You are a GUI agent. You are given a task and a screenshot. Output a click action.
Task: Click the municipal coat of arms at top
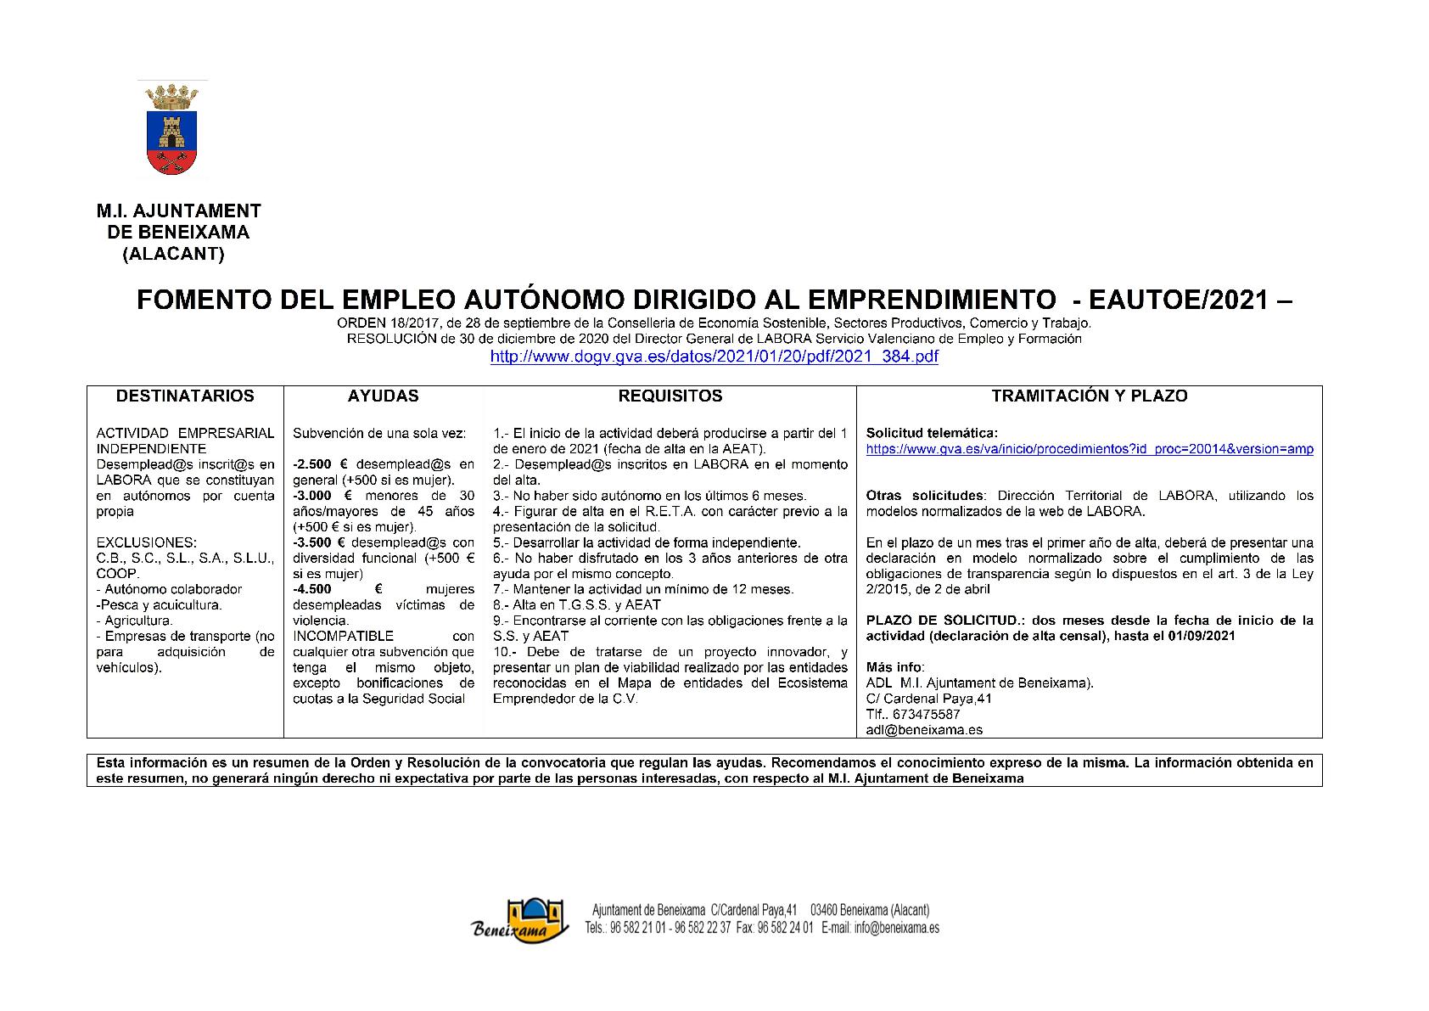point(172,129)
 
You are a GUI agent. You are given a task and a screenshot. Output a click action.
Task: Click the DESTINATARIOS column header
point(185,396)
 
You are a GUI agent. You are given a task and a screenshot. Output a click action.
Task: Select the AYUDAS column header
point(383,396)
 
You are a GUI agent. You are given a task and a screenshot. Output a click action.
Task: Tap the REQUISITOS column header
point(670,396)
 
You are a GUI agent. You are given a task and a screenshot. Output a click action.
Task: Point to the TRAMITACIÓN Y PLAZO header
point(1090,396)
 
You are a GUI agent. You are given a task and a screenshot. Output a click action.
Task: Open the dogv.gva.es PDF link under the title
point(714,357)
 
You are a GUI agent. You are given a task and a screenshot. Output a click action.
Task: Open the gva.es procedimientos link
point(1090,449)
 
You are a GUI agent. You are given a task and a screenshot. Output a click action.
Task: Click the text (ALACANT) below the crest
point(174,253)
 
